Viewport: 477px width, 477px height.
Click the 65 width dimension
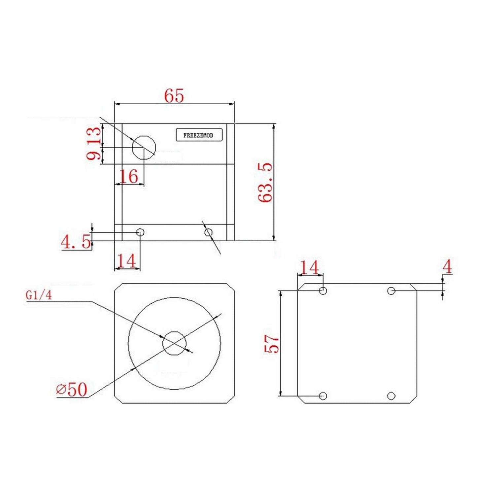click(x=174, y=96)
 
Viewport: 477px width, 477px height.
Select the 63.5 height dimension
click(x=265, y=182)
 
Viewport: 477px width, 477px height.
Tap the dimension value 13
click(x=94, y=135)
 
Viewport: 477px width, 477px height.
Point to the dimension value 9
click(x=94, y=154)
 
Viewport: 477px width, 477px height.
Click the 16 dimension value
click(x=128, y=176)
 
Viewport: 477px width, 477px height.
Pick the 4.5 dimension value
click(x=76, y=242)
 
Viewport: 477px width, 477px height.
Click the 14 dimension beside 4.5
click(x=127, y=261)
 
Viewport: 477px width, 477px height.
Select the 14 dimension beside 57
click(x=309, y=268)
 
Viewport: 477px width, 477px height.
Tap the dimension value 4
click(x=447, y=267)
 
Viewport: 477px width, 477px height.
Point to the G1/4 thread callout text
click(x=39, y=295)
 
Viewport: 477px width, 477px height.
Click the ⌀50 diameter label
click(x=72, y=390)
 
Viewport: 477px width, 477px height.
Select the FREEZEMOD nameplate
click(x=199, y=135)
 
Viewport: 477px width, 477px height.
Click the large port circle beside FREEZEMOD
click(x=144, y=147)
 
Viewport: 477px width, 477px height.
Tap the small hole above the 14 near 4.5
click(x=140, y=232)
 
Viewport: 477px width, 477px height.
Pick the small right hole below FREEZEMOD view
click(x=208, y=233)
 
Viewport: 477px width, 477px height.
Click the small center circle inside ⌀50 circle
click(x=174, y=343)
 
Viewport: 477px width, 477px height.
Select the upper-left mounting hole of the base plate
click(x=323, y=290)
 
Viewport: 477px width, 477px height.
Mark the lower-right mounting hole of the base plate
click(x=391, y=395)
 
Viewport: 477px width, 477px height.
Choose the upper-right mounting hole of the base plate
click(x=391, y=291)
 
